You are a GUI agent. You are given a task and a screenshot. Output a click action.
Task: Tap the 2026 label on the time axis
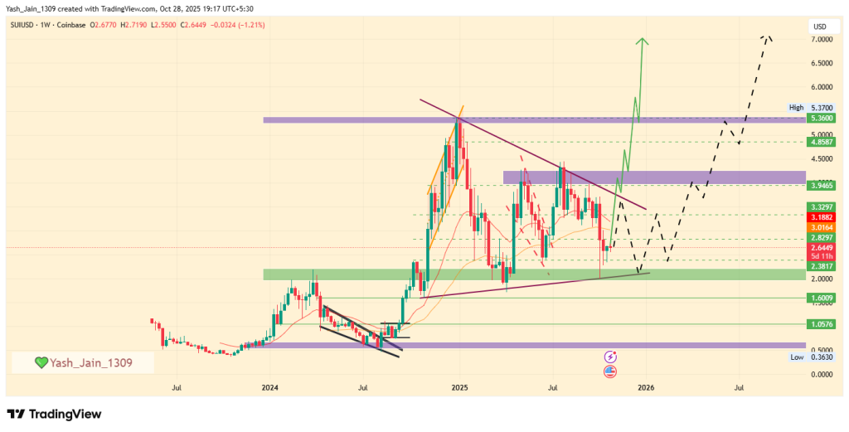tap(646, 386)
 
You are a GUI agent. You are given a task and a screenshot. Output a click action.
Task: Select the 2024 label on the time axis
tap(269, 386)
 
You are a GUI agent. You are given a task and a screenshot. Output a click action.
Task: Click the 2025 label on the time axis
tap(459, 386)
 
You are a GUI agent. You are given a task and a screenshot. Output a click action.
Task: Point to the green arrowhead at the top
tap(643, 41)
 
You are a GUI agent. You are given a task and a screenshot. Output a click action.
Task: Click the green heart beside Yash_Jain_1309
tap(41, 362)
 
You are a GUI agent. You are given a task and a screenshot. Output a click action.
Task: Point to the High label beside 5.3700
tap(797, 108)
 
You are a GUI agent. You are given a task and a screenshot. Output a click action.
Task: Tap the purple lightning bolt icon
tap(610, 356)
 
